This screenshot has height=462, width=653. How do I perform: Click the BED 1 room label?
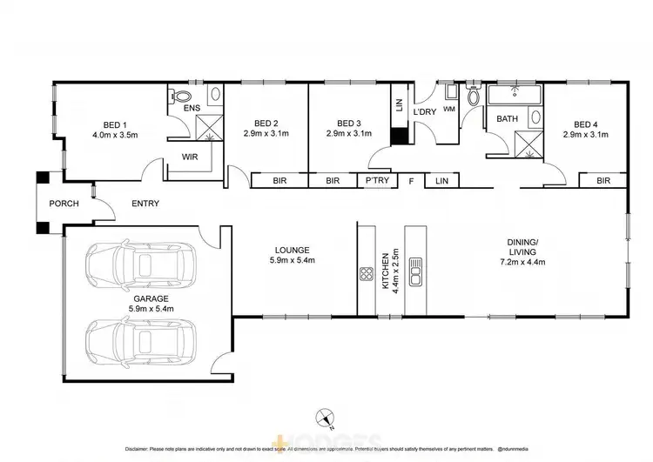click(115, 124)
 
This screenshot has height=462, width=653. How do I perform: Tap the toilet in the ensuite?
click(182, 97)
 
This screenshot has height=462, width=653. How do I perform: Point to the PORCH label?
click(64, 204)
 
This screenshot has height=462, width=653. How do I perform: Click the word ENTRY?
click(145, 204)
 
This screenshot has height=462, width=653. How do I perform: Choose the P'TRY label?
click(376, 181)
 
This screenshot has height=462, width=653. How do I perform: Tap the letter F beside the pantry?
click(411, 181)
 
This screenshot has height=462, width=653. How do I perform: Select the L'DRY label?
click(424, 113)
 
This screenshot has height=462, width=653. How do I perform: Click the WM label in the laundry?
click(449, 109)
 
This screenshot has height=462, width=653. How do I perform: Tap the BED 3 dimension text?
click(348, 134)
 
